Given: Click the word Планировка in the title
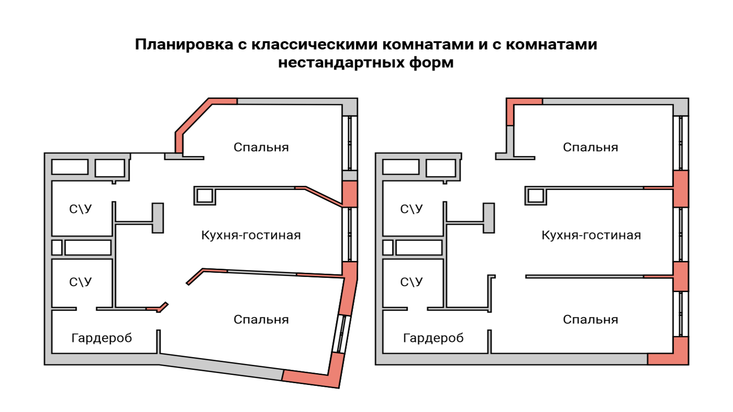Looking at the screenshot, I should point(184,45).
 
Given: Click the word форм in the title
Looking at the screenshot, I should point(431,63).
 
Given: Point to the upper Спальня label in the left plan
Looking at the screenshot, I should point(261,147).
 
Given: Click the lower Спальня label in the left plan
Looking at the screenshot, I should point(261,320).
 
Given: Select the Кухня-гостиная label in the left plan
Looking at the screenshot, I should point(251,235).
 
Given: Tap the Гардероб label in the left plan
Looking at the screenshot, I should point(102,338).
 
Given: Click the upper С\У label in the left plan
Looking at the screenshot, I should point(81,209).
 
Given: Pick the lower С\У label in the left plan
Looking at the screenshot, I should point(81,282).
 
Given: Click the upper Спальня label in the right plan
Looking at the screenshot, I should point(591,147).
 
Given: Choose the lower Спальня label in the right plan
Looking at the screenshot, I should point(591,320).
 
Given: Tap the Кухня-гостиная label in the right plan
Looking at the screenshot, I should point(591,235).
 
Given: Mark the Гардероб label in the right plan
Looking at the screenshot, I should point(433,338).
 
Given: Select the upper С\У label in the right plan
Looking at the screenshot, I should point(411,209).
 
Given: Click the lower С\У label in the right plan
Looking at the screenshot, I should point(411,282).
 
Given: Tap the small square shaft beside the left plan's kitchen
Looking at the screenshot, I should point(204,196).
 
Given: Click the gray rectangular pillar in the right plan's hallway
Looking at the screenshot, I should point(489,218).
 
